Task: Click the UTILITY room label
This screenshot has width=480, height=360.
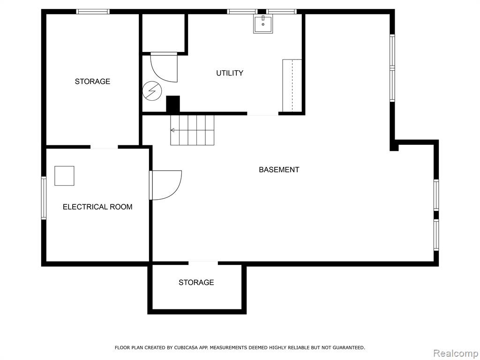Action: click(x=230, y=73)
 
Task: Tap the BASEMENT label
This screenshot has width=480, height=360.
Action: click(x=279, y=170)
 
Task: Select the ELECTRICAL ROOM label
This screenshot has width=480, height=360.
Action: click(x=97, y=207)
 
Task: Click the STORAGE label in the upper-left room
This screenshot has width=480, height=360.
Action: click(x=92, y=82)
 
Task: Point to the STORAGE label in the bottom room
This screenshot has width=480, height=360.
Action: click(x=196, y=282)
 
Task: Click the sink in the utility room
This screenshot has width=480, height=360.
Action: click(x=263, y=24)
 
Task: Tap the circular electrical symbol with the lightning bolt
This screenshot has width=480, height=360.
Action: click(x=152, y=91)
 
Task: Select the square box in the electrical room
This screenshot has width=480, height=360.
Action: click(x=64, y=176)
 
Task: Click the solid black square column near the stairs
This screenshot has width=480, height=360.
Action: click(x=173, y=104)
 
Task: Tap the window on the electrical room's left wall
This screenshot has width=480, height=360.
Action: click(x=44, y=198)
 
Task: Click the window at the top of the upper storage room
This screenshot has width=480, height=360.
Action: click(x=93, y=12)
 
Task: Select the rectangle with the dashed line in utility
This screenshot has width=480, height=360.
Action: click(x=292, y=85)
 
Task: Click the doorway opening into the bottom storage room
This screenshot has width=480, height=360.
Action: click(x=203, y=263)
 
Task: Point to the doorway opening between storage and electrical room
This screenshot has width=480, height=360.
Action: click(x=104, y=147)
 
